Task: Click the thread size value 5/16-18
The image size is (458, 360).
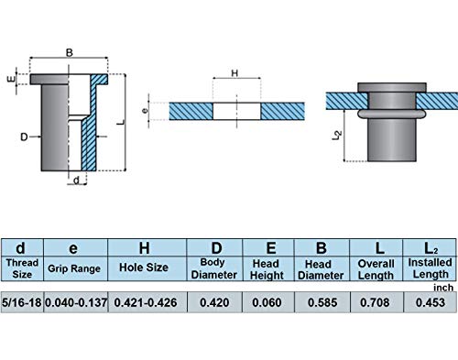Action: tap(21, 302)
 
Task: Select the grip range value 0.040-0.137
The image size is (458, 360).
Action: tap(76, 302)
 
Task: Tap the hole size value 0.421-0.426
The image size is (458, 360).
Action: tap(146, 302)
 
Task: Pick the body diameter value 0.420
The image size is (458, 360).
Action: tap(214, 302)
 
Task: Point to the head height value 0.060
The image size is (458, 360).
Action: tap(267, 302)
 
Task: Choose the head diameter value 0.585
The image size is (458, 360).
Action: tap(322, 302)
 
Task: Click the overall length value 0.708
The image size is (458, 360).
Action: tap(375, 302)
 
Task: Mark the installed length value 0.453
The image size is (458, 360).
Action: tap(431, 302)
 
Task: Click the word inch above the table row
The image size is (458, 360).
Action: tap(443, 288)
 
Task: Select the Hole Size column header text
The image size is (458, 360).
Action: tap(144, 267)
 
